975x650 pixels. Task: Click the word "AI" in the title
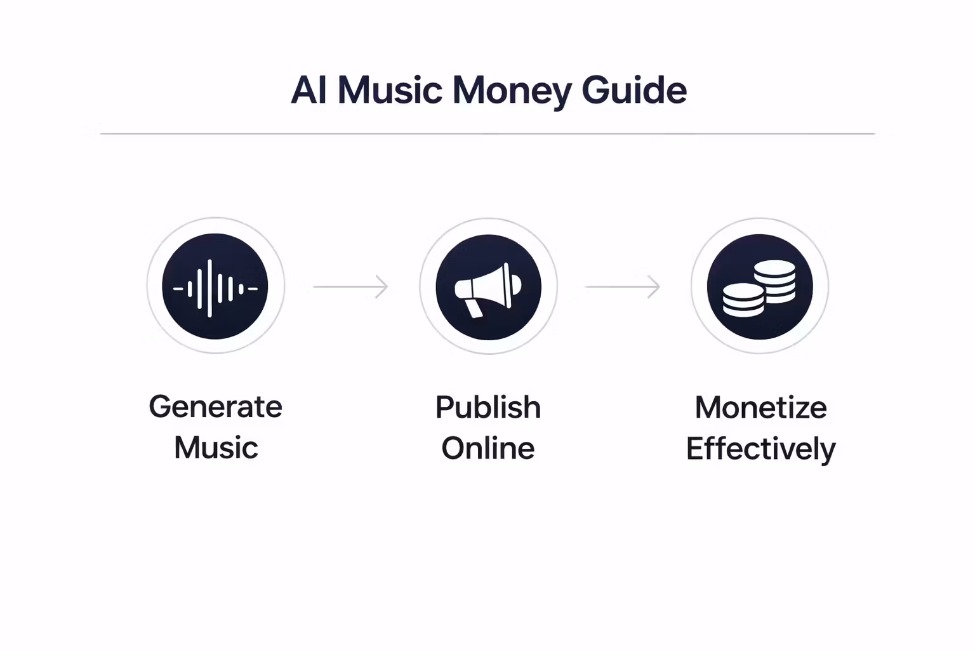coord(308,90)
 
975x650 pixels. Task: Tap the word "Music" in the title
coord(389,90)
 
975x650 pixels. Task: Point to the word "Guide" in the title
coord(634,90)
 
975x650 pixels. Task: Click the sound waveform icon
coord(215,287)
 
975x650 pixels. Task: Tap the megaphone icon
coord(488,287)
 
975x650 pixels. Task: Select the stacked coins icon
coord(759,287)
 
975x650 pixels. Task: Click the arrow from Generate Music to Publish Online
coord(350,287)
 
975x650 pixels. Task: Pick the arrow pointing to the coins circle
coord(622,287)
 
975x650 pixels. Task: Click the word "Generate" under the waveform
coord(215,407)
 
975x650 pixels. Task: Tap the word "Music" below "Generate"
coord(216,448)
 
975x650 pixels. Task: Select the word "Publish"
coord(487,408)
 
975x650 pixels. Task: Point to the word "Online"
coord(487,449)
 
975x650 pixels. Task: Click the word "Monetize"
coord(760,408)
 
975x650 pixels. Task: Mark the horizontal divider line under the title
coord(487,134)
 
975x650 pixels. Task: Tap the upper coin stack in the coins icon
coord(774,279)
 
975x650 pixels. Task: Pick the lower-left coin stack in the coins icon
coord(743,300)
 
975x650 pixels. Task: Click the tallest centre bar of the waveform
coord(209,288)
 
